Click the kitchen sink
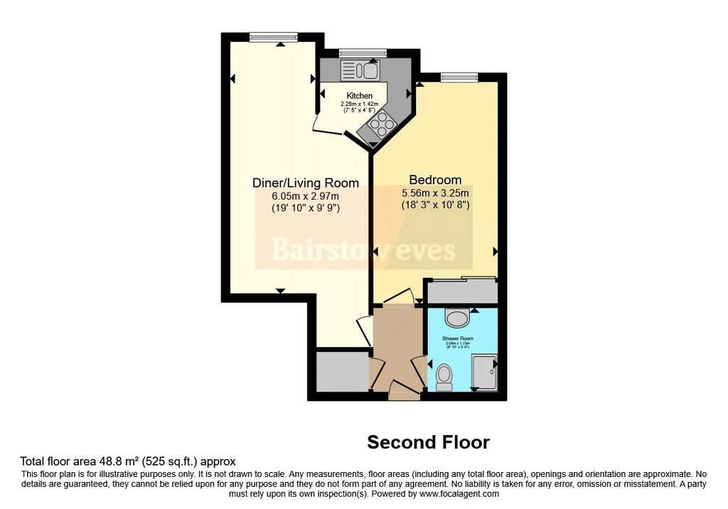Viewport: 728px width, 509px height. pyautogui.click(x=360, y=70)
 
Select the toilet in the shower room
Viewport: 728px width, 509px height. pyautogui.click(x=445, y=376)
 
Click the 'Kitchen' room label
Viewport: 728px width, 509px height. pyautogui.click(x=359, y=96)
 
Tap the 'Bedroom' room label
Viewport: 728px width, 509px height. pyautogui.click(x=435, y=180)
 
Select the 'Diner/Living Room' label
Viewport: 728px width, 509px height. pyautogui.click(x=306, y=183)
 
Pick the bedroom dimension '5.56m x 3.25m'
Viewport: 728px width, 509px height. pyautogui.click(x=435, y=193)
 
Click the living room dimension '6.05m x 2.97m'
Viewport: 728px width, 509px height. pyautogui.click(x=306, y=196)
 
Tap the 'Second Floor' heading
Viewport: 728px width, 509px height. pyautogui.click(x=428, y=442)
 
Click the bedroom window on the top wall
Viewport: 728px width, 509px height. pyautogui.click(x=459, y=76)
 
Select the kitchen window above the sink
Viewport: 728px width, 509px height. pyautogui.click(x=362, y=53)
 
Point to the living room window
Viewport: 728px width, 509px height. pyautogui.click(x=273, y=37)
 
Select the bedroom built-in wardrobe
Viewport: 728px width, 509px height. pyautogui.click(x=461, y=291)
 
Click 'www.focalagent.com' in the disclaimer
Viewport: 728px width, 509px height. pyautogui.click(x=460, y=493)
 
